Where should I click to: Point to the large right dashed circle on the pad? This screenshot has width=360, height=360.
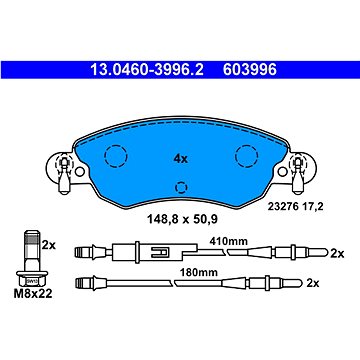coord(244,156)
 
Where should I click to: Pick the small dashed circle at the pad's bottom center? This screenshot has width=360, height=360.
coord(181,187)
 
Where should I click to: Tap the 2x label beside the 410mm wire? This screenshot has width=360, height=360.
coord(336,252)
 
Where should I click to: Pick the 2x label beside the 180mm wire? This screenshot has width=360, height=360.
coord(336,284)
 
